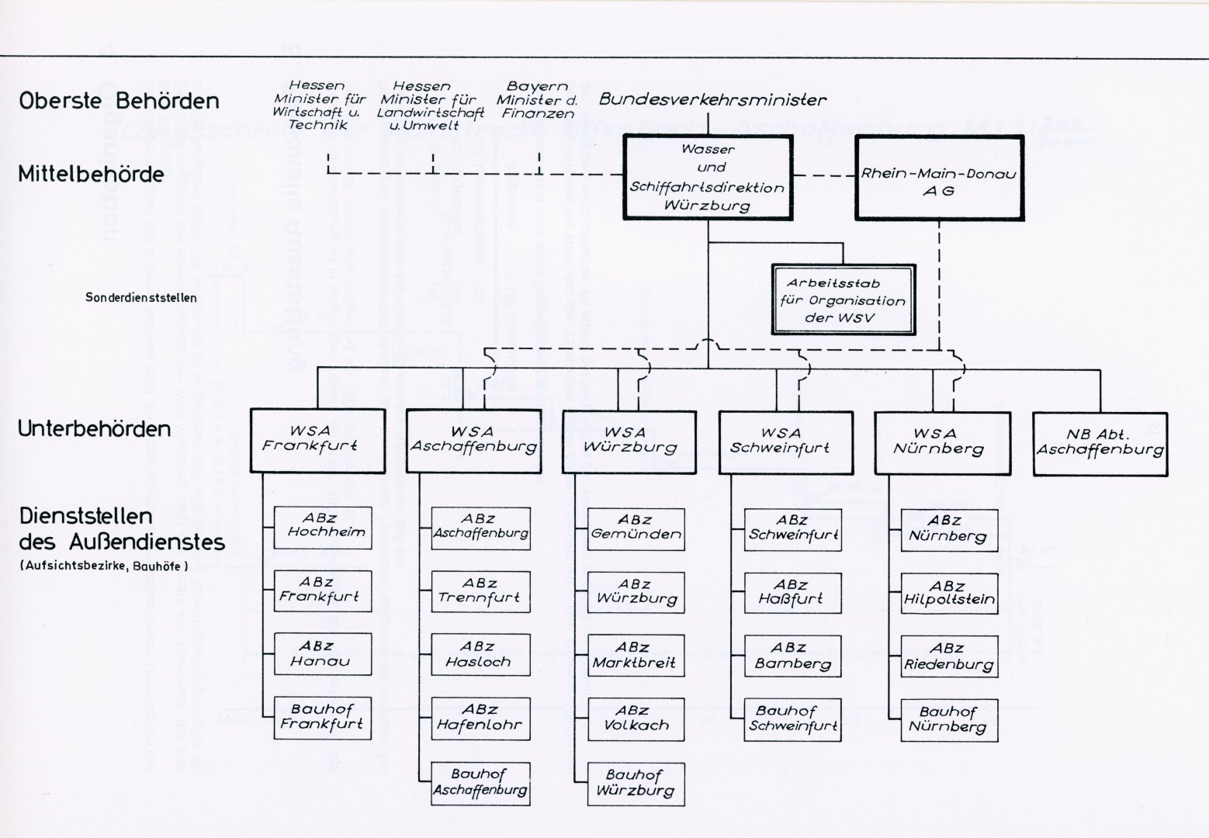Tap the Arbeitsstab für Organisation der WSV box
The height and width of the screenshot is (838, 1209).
tap(843, 300)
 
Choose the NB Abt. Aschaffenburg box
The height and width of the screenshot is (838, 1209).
tap(1100, 443)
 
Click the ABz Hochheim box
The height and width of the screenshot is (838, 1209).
tap(322, 527)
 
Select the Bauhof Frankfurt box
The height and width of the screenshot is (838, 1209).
tap(322, 718)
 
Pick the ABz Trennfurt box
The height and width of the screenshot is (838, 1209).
tap(480, 591)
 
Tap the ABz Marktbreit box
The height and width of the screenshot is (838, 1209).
tap(635, 656)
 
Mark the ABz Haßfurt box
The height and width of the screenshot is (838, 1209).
tap(792, 592)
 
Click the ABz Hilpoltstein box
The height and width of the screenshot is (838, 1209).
tap(948, 594)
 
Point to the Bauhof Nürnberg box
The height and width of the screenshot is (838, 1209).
tap(948, 719)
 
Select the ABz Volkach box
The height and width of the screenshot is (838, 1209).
tap(635, 719)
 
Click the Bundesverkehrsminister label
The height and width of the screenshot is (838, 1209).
tap(712, 99)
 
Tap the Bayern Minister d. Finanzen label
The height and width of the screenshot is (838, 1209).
tap(537, 100)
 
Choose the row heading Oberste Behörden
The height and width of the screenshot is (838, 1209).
tap(119, 101)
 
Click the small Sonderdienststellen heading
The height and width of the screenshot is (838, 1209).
tap(141, 297)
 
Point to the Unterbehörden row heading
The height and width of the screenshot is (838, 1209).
tap(94, 429)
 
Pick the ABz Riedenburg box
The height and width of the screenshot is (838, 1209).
tap(948, 656)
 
